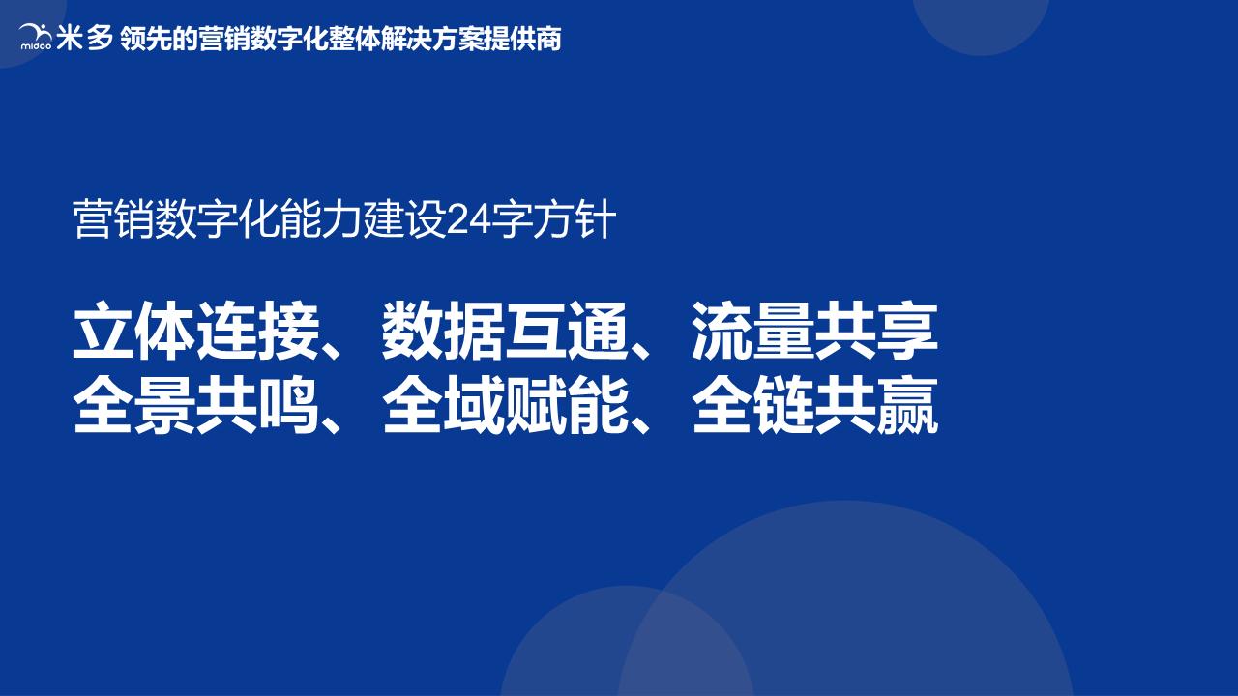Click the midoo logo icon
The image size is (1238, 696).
[36, 38]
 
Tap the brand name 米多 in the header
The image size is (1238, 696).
[85, 38]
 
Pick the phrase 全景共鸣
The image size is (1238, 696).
[195, 406]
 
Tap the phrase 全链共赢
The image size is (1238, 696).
[814, 406]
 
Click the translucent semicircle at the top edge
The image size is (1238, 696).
[981, 23]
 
